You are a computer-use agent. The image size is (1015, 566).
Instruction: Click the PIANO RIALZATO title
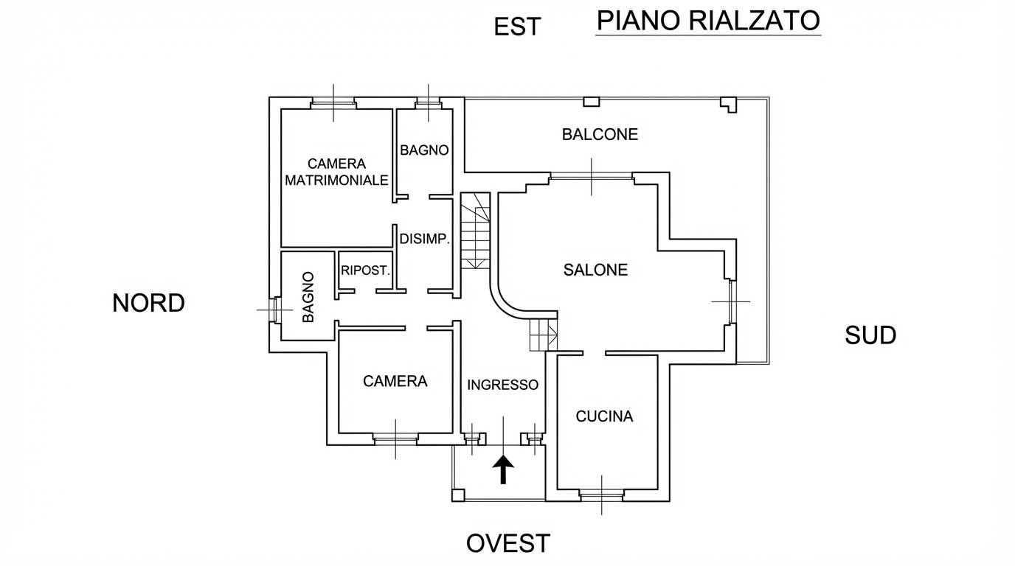point(708,21)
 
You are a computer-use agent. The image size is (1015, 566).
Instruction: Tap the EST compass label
point(517,27)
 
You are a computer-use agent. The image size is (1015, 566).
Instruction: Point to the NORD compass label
point(148,303)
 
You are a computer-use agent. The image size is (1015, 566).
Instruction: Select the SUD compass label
point(870,335)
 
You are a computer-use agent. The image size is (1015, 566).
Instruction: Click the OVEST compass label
point(508,543)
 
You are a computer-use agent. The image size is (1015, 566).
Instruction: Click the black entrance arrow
point(503,469)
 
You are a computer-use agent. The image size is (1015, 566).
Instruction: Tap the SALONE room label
point(595,270)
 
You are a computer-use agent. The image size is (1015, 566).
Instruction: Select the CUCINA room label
point(604,416)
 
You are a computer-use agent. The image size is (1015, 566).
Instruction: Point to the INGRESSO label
point(502,385)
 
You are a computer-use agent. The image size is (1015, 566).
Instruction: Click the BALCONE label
point(600,134)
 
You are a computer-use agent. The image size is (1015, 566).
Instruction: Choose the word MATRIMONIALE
point(336,181)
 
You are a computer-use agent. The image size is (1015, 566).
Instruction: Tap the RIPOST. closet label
point(365,270)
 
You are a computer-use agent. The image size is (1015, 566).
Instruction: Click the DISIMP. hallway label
point(425,239)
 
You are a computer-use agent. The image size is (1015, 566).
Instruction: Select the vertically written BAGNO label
point(308,297)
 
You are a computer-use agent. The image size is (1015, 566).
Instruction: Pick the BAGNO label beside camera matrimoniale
point(424,150)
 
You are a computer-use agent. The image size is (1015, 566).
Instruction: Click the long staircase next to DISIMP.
point(475,231)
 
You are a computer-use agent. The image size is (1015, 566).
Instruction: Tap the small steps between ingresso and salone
point(544,334)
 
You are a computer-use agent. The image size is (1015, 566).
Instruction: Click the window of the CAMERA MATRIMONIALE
point(333,103)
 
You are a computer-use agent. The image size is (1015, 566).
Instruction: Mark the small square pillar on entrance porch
point(458,495)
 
